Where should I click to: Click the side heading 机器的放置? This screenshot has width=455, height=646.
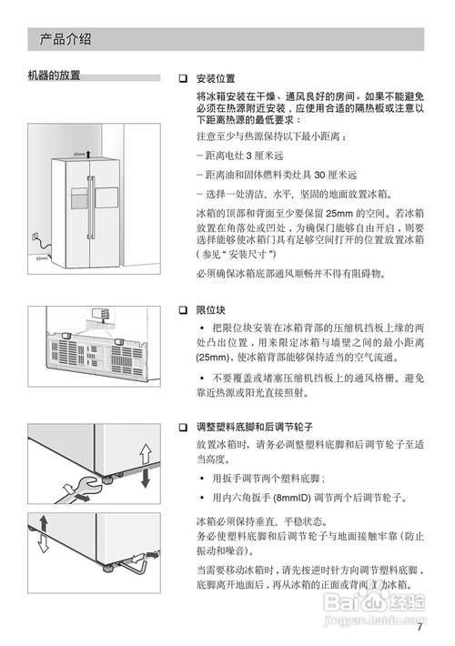click(54, 76)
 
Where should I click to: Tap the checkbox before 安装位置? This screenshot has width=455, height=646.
click(183, 78)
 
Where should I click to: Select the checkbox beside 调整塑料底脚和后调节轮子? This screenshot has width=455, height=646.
click(183, 427)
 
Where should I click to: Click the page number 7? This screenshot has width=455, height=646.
click(420, 626)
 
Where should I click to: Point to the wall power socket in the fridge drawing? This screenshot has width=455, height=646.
click(35, 237)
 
